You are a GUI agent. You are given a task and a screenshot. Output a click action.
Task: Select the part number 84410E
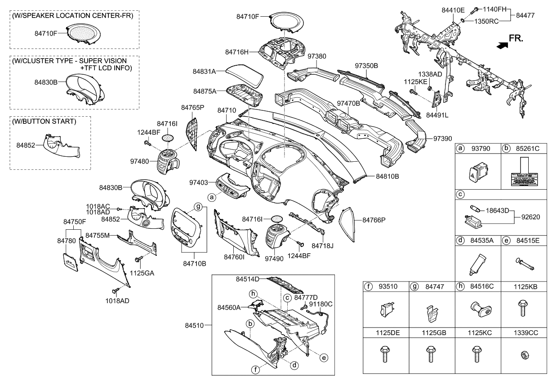[453, 9]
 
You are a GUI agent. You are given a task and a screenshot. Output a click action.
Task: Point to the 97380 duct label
[316, 56]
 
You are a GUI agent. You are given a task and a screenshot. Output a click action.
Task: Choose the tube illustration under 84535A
[476, 264]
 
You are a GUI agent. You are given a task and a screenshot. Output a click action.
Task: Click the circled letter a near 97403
[212, 196]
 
